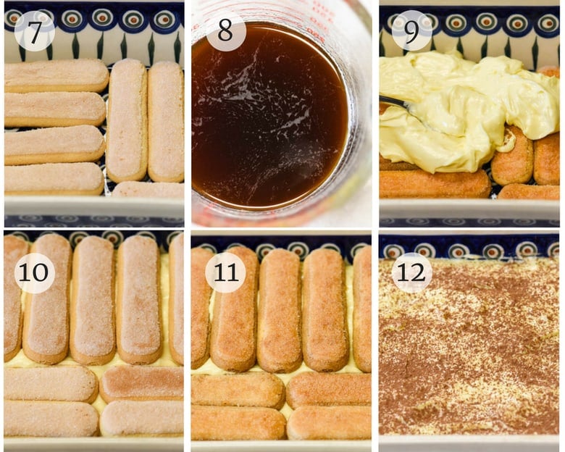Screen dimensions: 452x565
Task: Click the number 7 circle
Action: (34, 30)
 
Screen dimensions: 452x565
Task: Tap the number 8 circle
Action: (225, 30)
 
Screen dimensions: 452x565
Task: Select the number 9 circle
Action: (411, 30)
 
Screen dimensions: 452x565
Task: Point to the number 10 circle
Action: (34, 273)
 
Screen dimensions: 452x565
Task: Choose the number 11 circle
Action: (225, 273)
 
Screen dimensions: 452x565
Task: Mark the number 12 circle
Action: (411, 273)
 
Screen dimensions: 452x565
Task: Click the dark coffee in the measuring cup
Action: (268, 123)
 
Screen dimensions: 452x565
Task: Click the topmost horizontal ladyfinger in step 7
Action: (56, 75)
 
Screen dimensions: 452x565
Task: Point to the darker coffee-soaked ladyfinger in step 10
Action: (142, 382)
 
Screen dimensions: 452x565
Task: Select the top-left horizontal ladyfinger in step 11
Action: (238, 390)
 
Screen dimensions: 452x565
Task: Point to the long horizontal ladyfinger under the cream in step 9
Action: (435, 184)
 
